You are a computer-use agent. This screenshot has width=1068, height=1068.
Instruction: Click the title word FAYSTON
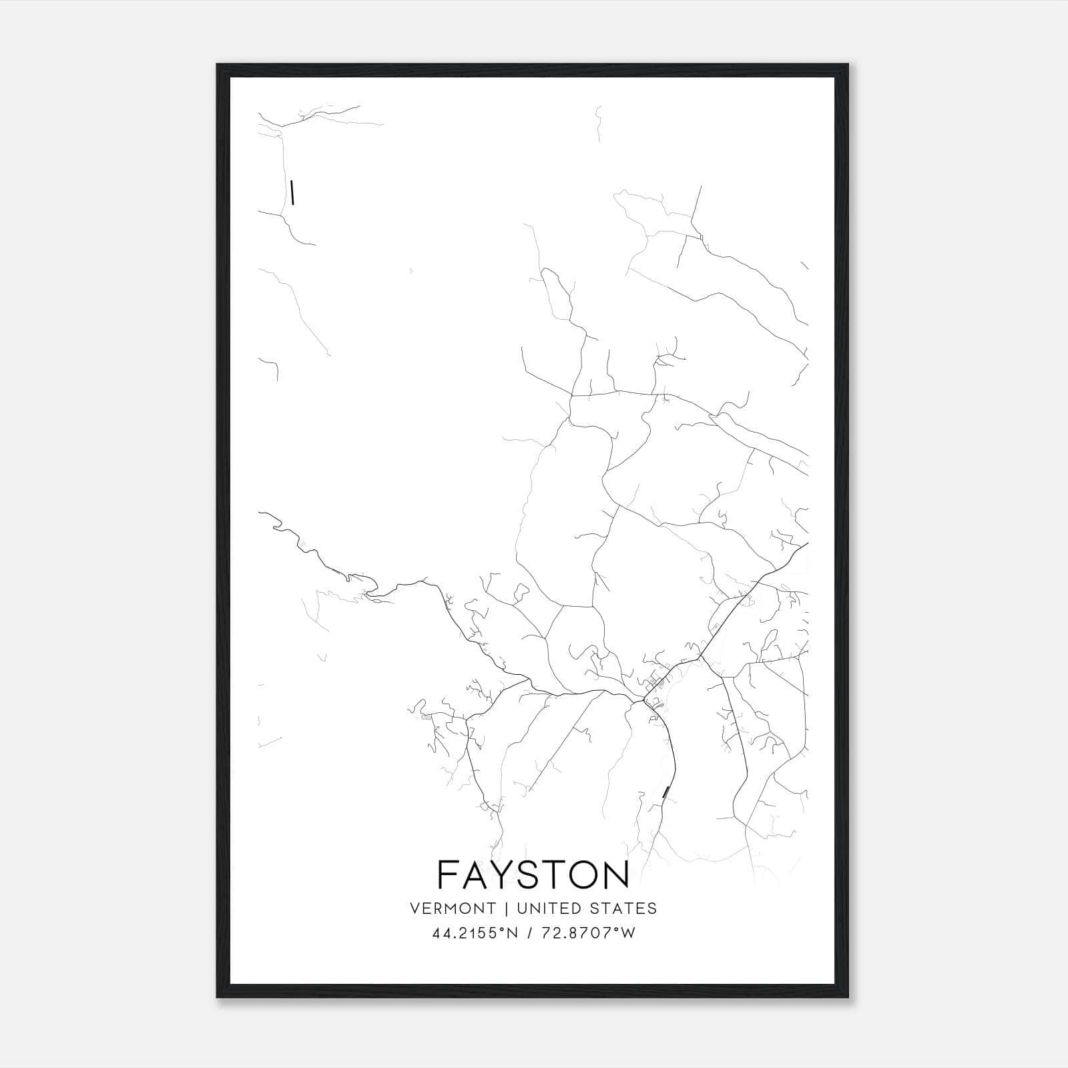533,874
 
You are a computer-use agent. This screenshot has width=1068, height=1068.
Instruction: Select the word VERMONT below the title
453,908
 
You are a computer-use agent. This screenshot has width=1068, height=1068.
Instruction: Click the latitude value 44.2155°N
475,933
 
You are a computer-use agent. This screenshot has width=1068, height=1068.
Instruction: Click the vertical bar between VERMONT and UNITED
507,908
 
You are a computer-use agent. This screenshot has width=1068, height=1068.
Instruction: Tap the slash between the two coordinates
530,933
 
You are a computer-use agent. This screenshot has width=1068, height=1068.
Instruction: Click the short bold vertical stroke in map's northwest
292,192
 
